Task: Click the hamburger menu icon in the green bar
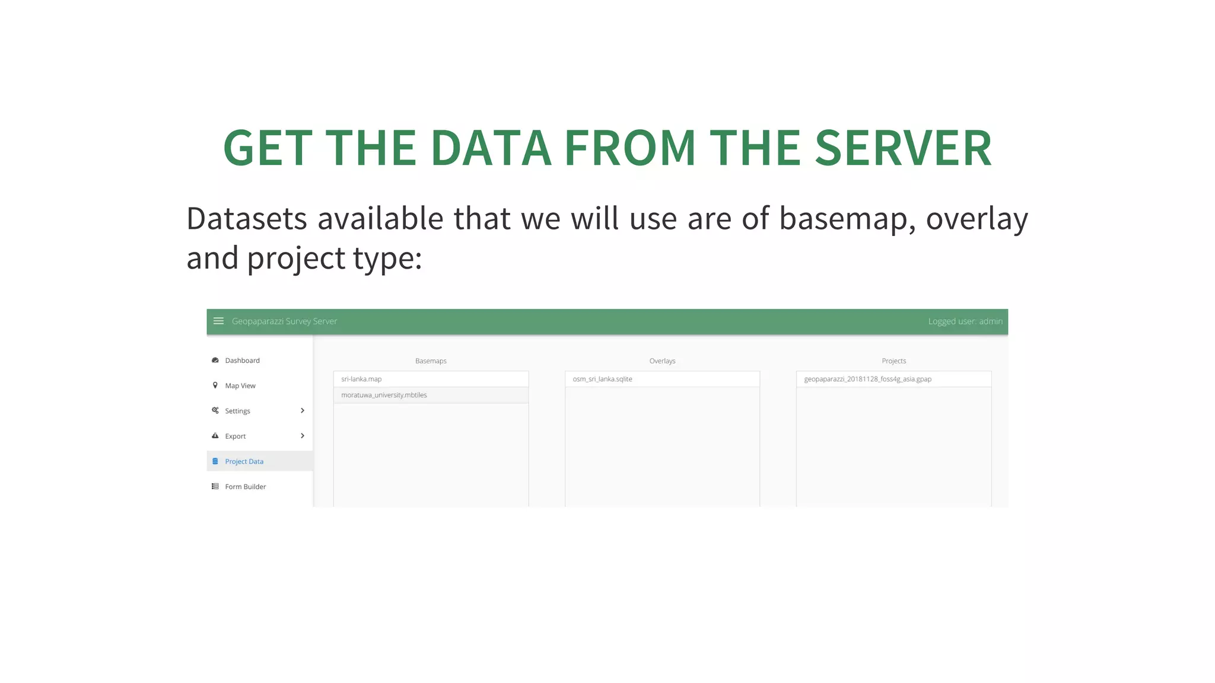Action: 218,321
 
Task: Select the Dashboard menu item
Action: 242,360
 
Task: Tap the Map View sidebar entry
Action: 240,386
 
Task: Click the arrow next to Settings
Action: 303,411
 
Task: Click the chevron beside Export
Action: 303,436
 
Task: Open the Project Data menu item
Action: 244,461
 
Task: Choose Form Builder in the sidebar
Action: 245,487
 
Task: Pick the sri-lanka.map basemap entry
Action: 361,379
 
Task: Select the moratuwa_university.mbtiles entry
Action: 384,395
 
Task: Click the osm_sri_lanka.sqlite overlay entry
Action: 602,379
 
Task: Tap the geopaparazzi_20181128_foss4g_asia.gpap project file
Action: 867,379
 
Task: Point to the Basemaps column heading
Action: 431,361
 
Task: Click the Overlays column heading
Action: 662,361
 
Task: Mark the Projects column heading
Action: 893,361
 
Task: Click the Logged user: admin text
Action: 965,321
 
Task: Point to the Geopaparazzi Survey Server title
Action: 284,321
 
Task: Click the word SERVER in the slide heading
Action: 903,148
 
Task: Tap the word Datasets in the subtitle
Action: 247,219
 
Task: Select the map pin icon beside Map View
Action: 215,385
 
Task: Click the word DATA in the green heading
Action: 491,148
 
